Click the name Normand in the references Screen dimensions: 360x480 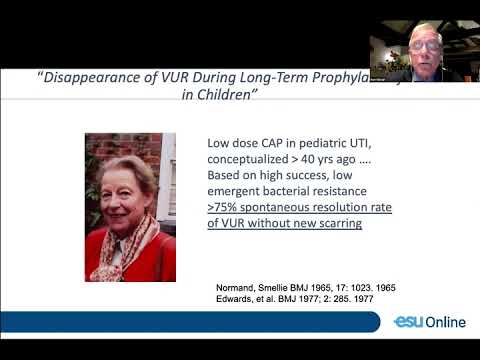pyautogui.click(x=240, y=289)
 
